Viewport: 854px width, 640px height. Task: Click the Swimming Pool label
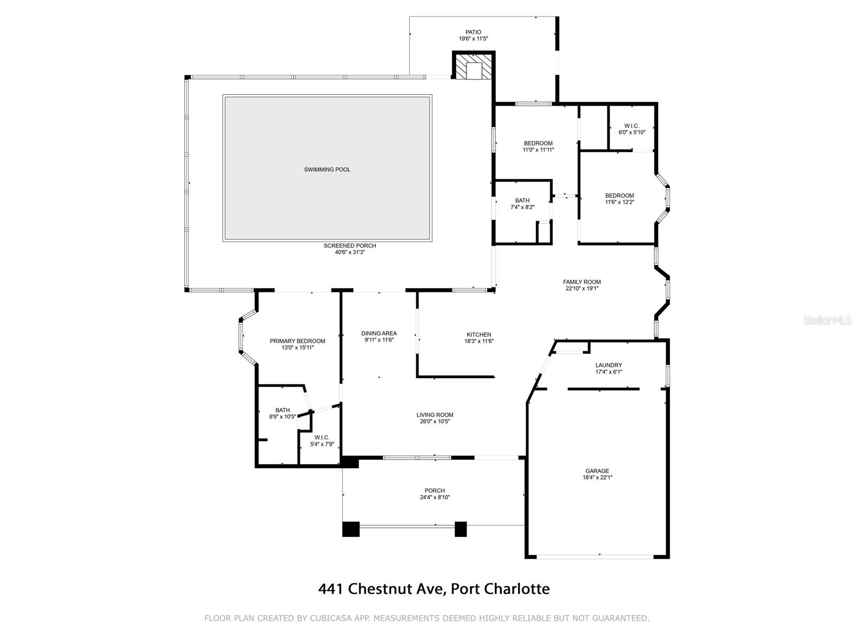click(327, 170)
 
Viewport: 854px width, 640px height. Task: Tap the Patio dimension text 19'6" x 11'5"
click(473, 39)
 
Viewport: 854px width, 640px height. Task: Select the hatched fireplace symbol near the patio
click(473, 66)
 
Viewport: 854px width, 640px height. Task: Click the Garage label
click(597, 471)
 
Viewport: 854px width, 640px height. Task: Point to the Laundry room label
click(608, 365)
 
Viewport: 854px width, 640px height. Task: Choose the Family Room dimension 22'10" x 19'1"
click(582, 289)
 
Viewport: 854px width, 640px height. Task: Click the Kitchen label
click(478, 335)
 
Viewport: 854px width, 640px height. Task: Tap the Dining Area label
click(379, 333)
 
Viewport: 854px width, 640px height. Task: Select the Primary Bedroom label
click(297, 341)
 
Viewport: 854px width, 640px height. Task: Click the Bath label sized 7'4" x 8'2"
click(522, 201)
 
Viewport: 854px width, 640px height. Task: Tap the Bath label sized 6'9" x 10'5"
click(282, 410)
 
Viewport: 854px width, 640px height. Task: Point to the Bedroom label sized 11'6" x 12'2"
click(619, 196)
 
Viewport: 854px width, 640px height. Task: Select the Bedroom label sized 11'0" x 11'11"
click(538, 143)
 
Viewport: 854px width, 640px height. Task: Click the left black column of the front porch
click(351, 529)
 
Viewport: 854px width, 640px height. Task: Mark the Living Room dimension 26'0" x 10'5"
click(434, 421)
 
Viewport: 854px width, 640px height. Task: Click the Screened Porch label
click(350, 246)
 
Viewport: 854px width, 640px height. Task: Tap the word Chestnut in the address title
click(395, 589)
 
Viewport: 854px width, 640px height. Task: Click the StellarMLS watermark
click(827, 321)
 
